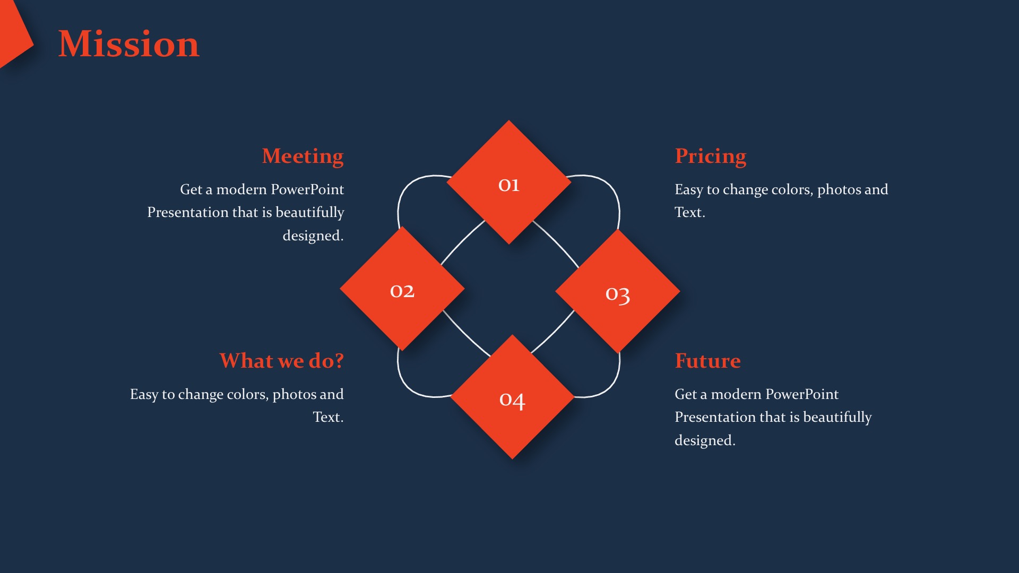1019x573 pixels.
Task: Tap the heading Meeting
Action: coord(303,157)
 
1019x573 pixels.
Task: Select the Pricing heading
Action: coord(710,157)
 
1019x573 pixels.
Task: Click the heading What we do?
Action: coord(281,361)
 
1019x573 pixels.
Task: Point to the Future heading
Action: coord(707,361)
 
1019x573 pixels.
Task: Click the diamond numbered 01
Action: coord(508,182)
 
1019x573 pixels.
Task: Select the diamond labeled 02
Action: coord(402,289)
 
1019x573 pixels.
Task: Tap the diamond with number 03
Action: coord(618,291)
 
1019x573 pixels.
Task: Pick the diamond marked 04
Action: coord(512,397)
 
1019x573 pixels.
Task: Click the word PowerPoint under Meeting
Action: coord(307,189)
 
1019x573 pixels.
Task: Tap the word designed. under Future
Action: coord(705,440)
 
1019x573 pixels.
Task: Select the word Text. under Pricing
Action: coord(690,212)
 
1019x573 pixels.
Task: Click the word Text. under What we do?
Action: coord(328,417)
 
